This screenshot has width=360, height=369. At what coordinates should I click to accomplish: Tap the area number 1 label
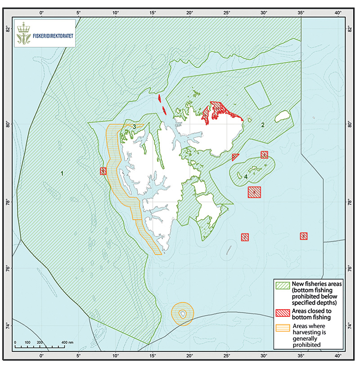coord(62,173)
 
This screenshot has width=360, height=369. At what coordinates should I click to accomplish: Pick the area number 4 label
coord(246,176)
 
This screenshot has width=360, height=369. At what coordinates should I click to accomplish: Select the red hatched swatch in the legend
coord(283,312)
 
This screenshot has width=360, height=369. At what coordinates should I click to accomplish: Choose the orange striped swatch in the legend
coord(283,327)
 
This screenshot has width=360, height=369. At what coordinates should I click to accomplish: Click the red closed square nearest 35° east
coord(304,236)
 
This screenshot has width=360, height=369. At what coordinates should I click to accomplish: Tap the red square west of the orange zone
coord(103,171)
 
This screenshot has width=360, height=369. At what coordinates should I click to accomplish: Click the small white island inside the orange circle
coord(183,314)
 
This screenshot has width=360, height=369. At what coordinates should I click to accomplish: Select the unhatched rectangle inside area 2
coord(257,94)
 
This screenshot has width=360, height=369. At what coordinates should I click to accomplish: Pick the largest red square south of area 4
coord(254,192)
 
